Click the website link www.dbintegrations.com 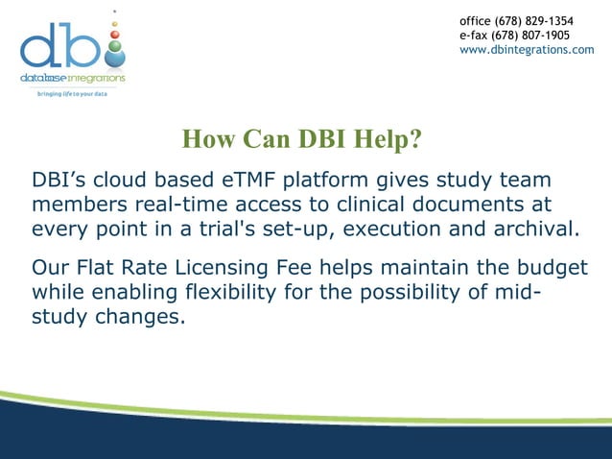point(527,50)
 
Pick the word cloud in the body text point(114,181)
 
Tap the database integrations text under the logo point(73,78)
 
